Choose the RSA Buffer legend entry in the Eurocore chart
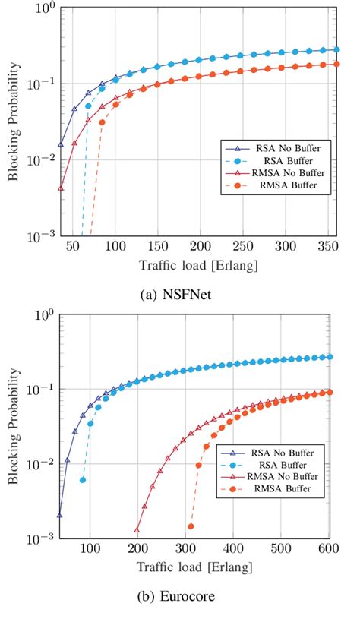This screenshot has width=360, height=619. (x=283, y=463)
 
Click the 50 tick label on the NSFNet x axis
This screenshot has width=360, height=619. (x=72, y=248)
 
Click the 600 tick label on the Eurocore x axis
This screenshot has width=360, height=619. (x=328, y=549)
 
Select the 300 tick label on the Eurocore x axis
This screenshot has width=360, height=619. (x=185, y=549)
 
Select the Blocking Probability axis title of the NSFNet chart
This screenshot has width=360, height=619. (x=13, y=122)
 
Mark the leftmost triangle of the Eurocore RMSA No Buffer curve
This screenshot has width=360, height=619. (x=137, y=530)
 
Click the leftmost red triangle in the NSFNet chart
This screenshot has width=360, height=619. (x=61, y=188)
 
